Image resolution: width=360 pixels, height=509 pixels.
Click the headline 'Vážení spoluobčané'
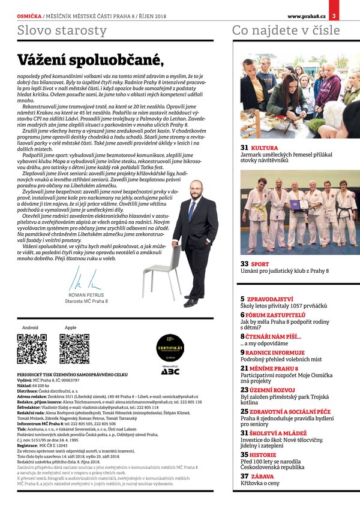pos(90,60)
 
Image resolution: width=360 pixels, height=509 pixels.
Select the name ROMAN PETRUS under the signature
pos(86,295)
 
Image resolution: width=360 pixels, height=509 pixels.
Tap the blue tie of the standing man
pos(192,210)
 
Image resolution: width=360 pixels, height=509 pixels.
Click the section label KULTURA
pos(263,147)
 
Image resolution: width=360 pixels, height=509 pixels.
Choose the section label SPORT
pos(260,263)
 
